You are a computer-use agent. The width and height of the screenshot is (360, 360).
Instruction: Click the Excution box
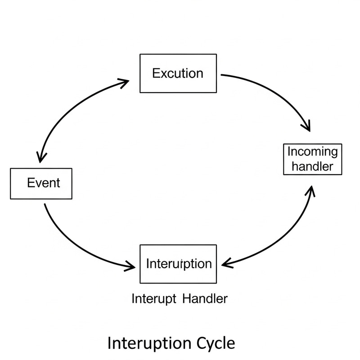178,73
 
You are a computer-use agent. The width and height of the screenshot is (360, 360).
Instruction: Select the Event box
41,183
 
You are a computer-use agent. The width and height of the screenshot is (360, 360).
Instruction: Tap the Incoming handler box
312,159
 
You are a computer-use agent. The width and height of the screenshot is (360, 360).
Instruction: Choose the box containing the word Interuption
178,264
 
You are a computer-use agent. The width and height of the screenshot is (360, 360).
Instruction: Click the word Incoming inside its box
312,152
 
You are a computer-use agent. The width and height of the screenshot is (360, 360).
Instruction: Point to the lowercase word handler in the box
312,166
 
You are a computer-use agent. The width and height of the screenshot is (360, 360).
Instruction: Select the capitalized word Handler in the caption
205,298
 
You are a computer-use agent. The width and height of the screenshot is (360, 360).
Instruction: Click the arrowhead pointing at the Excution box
125,81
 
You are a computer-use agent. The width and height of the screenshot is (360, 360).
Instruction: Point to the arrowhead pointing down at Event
42,157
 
